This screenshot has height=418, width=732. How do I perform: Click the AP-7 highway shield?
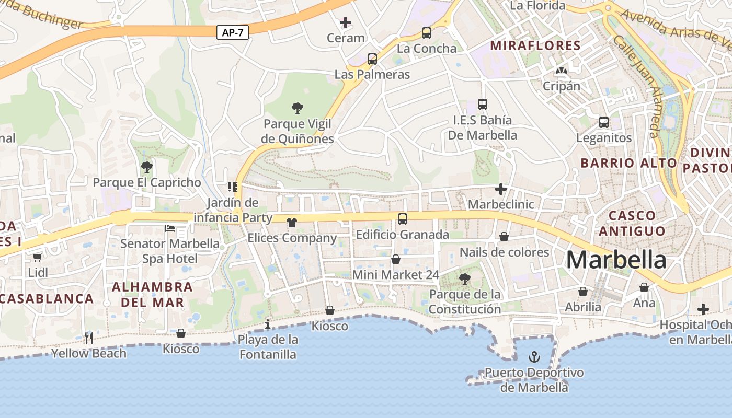(232, 32)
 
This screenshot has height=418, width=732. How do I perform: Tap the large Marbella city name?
(616, 260)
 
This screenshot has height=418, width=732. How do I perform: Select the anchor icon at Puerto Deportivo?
(534, 357)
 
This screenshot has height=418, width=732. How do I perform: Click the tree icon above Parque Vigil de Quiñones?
(298, 108)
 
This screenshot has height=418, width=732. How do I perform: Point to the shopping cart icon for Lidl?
(37, 257)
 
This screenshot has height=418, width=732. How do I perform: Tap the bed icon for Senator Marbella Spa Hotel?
(170, 228)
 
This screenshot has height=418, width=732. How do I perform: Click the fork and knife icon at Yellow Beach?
(88, 338)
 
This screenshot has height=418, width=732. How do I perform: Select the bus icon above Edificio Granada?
(402, 219)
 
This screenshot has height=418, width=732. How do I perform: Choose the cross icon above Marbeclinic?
(501, 189)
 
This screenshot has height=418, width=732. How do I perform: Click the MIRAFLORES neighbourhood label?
(535, 45)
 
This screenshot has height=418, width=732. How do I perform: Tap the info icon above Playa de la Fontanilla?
(268, 324)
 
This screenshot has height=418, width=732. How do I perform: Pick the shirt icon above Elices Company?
(292, 223)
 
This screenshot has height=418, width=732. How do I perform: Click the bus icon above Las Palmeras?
(372, 59)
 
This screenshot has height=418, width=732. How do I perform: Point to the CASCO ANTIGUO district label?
(632, 223)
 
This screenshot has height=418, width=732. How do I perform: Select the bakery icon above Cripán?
(562, 71)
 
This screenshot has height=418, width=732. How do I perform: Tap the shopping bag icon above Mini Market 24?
(396, 259)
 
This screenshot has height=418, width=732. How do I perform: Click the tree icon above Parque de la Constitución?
(464, 279)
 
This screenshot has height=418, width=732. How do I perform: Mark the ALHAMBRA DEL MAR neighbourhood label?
(152, 295)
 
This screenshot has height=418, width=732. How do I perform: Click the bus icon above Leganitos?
(604, 122)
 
